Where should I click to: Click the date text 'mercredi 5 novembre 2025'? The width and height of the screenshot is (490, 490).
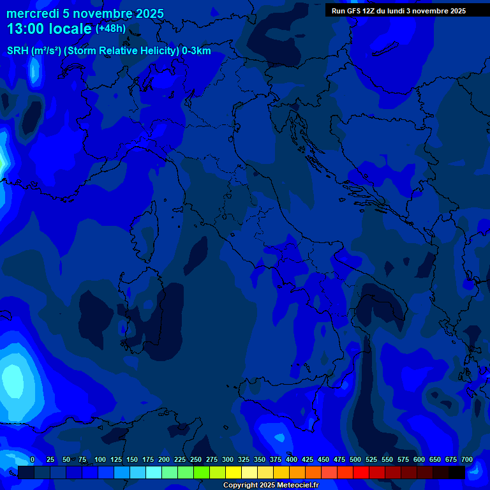pyautogui.click(x=85, y=13)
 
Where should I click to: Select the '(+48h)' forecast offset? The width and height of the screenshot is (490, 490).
pyautogui.click(x=110, y=29)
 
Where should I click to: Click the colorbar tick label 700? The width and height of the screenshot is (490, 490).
pyautogui.click(x=466, y=459)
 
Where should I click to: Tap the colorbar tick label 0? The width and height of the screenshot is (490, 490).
pyautogui.click(x=33, y=459)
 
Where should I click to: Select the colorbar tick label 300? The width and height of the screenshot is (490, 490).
pyautogui.click(x=228, y=459)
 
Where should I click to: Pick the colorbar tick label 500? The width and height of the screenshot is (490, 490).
pyautogui.click(x=355, y=459)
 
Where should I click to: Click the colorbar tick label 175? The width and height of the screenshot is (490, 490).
pyautogui.click(x=148, y=459)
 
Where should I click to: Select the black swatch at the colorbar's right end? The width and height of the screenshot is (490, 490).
pyautogui.click(x=457, y=472)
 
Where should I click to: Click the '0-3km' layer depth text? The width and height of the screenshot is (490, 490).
pyautogui.click(x=197, y=51)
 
